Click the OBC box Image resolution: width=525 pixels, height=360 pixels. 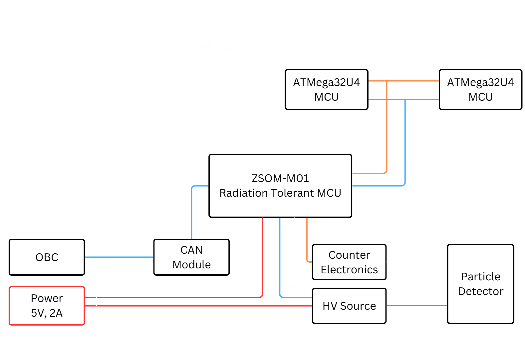pos(47,257)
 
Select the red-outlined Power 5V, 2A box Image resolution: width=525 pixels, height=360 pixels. pos(47,306)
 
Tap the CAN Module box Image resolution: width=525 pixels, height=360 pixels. pos(191,257)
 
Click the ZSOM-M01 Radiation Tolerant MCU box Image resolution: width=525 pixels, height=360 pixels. pos(280,186)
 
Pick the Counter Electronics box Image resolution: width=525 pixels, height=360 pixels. pos(349,262)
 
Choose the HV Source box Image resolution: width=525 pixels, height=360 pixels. pos(349,306)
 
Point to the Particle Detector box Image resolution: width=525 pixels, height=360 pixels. pos(480,284)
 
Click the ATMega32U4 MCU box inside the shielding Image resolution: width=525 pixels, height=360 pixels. pos(326,89)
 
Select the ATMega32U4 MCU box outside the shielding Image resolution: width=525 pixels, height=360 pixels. pos(480,89)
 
